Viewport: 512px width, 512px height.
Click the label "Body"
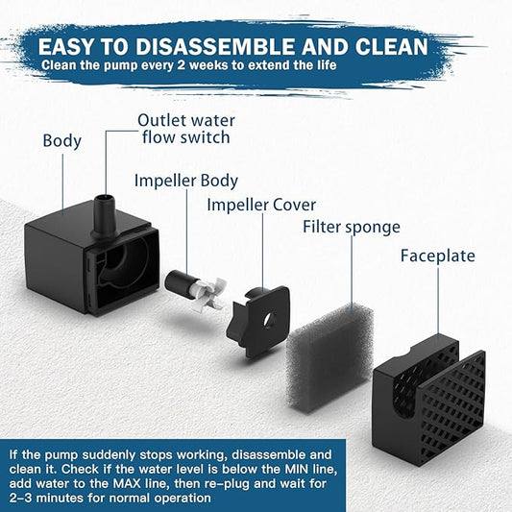(x=61, y=141)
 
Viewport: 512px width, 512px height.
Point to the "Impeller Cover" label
(x=261, y=205)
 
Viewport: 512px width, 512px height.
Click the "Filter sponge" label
(x=352, y=227)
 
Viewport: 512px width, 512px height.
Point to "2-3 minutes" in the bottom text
(x=53, y=498)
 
